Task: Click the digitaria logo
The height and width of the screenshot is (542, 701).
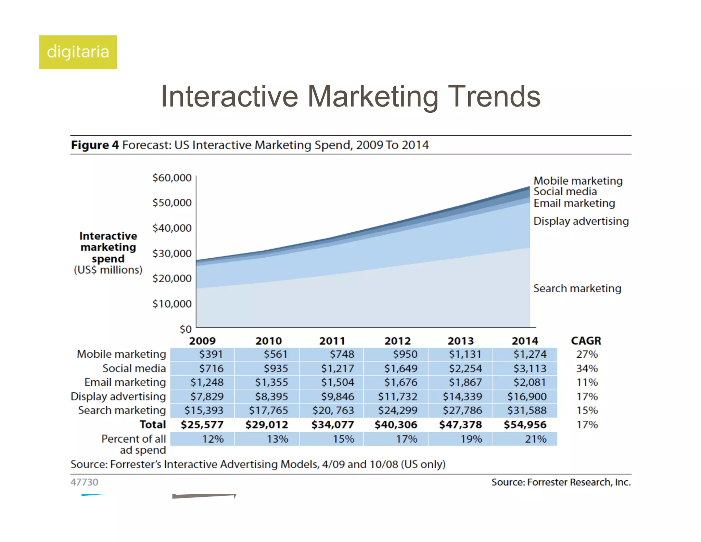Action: click(x=78, y=52)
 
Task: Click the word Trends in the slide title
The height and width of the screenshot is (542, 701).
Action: click(x=494, y=97)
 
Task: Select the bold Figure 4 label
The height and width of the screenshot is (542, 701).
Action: click(x=95, y=145)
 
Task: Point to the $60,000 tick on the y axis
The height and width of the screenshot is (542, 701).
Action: click(x=172, y=178)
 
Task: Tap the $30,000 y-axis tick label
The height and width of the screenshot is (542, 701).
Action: click(x=172, y=254)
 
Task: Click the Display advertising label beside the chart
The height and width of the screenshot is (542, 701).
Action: click(x=581, y=221)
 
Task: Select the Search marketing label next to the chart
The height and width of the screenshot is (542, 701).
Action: click(x=577, y=288)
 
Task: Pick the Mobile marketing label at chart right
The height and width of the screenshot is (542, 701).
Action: click(x=578, y=181)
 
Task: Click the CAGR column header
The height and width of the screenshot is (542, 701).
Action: click(x=586, y=341)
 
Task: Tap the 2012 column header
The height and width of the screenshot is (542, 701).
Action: click(x=397, y=341)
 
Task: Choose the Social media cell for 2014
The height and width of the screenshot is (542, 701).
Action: click(x=530, y=369)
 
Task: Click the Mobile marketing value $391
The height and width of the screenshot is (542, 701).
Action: click(x=211, y=354)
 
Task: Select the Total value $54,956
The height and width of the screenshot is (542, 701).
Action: click(x=525, y=425)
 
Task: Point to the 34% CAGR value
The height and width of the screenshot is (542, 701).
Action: click(x=587, y=369)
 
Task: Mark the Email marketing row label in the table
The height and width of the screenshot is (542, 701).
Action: click(x=125, y=382)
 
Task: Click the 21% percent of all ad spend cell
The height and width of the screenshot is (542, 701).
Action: click(x=536, y=439)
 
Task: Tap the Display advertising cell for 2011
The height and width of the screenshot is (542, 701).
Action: click(x=337, y=397)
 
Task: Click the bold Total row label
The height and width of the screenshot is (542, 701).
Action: click(x=153, y=425)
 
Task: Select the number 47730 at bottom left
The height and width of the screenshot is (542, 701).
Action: click(x=84, y=482)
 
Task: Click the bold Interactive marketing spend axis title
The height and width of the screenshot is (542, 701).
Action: click(x=108, y=247)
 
